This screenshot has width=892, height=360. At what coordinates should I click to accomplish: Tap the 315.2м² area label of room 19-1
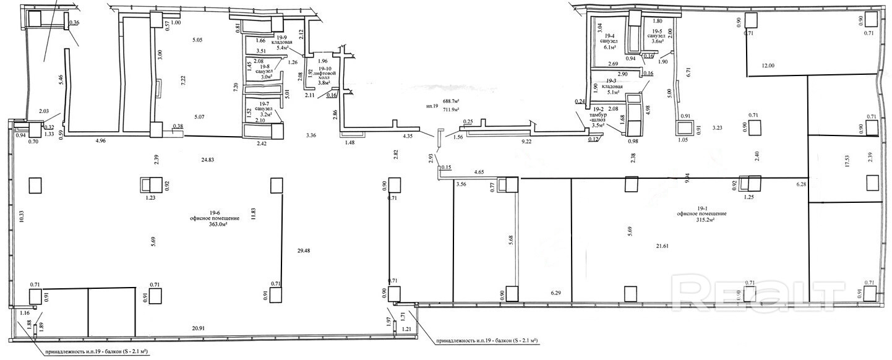[710, 220]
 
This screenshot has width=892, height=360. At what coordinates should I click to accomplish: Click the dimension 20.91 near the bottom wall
[200, 329]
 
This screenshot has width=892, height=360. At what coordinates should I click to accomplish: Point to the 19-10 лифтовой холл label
[325, 75]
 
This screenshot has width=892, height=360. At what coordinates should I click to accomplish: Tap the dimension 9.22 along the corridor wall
[527, 142]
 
